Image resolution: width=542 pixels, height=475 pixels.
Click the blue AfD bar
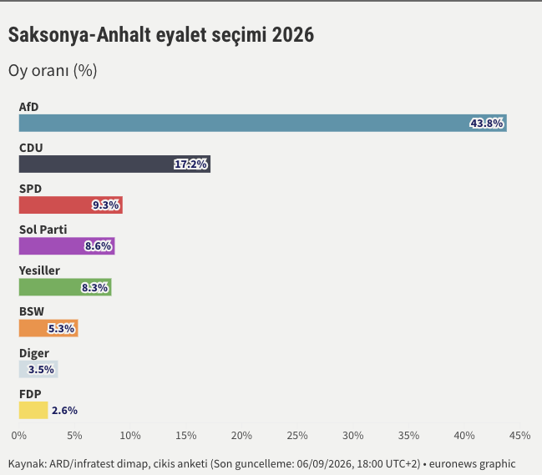click(263, 123)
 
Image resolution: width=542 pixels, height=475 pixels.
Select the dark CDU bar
click(114, 164)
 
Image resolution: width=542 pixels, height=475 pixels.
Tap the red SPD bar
click(71, 205)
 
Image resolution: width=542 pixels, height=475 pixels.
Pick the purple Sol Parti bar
click(67, 246)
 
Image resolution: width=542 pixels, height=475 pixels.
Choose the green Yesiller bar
click(65, 287)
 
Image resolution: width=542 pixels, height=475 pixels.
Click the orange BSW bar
click(48, 328)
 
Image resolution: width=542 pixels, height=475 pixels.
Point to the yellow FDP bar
click(33, 410)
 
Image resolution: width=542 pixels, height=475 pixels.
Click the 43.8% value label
click(486, 124)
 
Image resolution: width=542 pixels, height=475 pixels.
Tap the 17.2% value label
click(190, 164)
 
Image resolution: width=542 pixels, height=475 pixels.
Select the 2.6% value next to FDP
click(64, 411)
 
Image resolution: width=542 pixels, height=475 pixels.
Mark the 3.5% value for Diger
click(41, 370)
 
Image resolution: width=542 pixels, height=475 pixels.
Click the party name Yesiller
click(39, 270)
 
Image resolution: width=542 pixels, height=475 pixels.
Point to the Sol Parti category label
click(43, 230)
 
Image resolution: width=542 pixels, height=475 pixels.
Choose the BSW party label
click(32, 311)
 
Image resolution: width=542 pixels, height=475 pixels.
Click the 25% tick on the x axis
click(297, 435)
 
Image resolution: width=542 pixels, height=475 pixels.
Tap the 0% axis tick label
click(19, 435)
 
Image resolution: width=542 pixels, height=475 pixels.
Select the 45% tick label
click(520, 435)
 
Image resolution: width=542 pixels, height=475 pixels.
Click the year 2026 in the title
click(293, 34)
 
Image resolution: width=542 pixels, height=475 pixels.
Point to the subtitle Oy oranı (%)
click(53, 70)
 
